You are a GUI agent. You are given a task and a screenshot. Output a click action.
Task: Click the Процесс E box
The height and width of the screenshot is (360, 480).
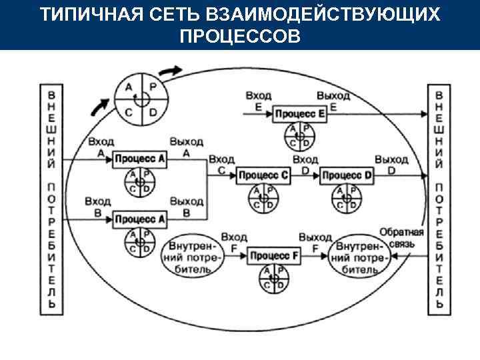click(301, 114)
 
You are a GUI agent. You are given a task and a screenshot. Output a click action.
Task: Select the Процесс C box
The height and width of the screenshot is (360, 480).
click(263, 175)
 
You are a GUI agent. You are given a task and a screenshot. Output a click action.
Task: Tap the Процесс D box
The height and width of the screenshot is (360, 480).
click(347, 175)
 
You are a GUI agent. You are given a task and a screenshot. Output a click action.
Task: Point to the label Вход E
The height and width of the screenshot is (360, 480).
click(257, 101)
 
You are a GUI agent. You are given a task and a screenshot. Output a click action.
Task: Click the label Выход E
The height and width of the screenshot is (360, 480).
click(333, 101)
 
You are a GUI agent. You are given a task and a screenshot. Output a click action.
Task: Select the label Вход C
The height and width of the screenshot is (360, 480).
click(221, 164)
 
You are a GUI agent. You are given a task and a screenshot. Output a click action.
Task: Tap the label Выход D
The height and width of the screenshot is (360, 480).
click(391, 164)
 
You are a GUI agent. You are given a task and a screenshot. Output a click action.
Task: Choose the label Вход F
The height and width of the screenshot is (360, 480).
click(234, 241)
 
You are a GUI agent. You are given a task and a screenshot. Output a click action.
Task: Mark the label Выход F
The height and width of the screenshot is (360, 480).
click(315, 241)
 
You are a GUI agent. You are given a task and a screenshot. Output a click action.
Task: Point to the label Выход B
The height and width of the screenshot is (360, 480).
click(186, 206)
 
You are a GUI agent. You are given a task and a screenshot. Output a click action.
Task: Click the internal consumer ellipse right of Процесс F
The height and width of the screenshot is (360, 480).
click(359, 254)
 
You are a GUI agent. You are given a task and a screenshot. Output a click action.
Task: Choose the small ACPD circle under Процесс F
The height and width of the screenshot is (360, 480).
click(273, 277)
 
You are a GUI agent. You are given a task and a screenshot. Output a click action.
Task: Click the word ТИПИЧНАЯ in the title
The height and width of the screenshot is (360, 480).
click(89, 15)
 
